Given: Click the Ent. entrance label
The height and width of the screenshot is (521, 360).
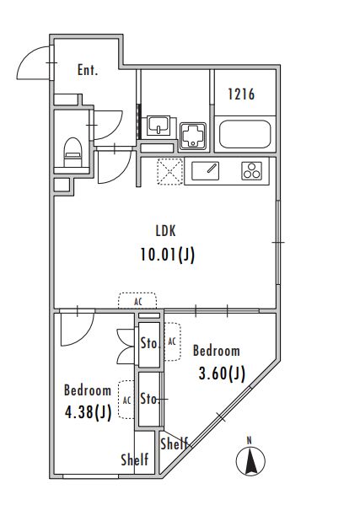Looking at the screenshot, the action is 88,70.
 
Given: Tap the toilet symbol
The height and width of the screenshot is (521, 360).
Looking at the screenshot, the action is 73,153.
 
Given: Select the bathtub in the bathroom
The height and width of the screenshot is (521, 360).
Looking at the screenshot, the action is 245,134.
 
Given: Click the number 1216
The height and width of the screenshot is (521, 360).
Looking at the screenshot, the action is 241,94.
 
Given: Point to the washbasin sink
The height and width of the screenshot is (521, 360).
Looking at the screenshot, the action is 159,126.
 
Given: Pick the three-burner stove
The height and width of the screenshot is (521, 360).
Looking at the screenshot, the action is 251,171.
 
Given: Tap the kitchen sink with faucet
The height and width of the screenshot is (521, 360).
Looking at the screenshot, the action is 205,171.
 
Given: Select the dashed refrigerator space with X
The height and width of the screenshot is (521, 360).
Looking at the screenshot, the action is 169,171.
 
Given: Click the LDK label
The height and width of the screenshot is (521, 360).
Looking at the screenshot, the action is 165,231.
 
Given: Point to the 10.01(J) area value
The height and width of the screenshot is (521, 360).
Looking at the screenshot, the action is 167,255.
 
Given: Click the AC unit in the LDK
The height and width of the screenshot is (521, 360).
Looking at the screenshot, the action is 137,301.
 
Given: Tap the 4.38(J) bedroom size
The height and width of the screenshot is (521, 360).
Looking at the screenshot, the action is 88,413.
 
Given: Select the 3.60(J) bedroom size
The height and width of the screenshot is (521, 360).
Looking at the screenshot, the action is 222,373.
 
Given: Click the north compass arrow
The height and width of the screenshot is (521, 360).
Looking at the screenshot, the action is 250,460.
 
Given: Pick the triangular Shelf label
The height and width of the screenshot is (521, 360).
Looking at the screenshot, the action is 175,443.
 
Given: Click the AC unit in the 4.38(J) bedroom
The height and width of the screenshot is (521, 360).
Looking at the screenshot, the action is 126,400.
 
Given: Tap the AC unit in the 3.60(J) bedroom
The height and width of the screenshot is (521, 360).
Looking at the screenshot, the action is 172,341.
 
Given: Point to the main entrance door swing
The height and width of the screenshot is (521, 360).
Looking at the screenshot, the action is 33,62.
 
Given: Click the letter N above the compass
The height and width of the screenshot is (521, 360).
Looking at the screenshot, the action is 250,441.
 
